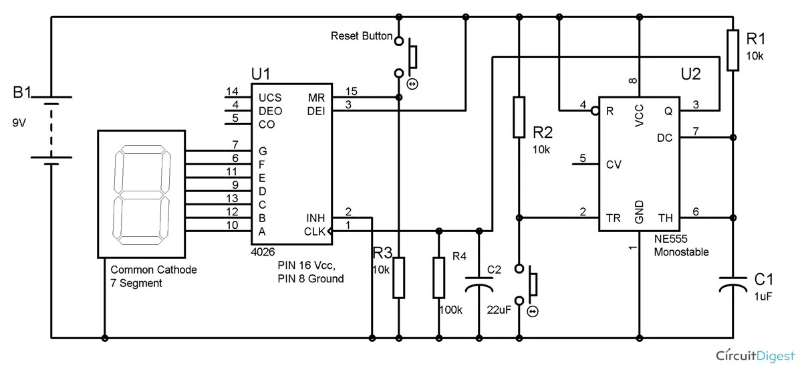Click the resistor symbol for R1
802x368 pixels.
pos(733,50)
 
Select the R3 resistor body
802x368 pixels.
pos(398,278)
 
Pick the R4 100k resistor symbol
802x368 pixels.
pos(439,278)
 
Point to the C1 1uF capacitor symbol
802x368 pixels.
pos(733,284)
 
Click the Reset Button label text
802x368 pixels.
pos(362,36)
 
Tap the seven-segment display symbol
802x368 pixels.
pos(141,193)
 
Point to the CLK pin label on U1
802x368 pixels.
pos(313,232)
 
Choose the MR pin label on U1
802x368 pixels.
pos(317,98)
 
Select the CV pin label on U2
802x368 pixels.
pos(612,163)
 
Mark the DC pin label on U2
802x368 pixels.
pos(664,139)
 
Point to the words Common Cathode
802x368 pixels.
pos(154,270)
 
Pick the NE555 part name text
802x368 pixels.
pos(671,239)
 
